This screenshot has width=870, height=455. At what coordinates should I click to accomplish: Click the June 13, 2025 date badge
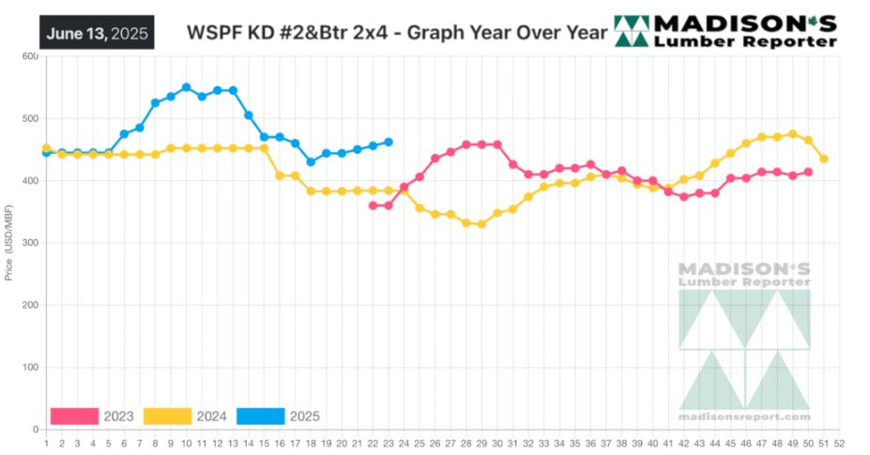coord(97,32)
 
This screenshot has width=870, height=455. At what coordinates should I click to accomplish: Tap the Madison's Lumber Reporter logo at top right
coord(726,30)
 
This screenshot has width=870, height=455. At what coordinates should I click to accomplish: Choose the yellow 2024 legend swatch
coord(169,416)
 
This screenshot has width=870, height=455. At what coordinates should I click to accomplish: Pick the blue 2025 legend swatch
coord(262,416)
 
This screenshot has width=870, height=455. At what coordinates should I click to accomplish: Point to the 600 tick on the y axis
coord(29,57)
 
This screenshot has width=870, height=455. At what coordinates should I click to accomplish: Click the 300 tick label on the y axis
coord(29,243)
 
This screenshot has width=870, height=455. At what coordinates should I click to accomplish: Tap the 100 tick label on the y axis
coord(29,368)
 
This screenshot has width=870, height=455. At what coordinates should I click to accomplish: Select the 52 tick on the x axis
coord(839,443)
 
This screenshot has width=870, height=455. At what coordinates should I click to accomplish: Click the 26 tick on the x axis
coord(435,443)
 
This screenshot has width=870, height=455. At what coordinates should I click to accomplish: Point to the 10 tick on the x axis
coord(186,443)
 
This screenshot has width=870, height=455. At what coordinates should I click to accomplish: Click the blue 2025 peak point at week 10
coord(186,87)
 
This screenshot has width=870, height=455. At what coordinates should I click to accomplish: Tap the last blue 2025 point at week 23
coord(389,143)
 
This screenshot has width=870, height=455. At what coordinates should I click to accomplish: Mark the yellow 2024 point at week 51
coord(824,159)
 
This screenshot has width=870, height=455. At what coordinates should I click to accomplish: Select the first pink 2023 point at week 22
coord(373,205)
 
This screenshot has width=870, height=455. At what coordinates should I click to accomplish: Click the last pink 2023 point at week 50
coord(808,173)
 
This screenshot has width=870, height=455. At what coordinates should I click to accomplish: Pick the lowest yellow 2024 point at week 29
coord(481,225)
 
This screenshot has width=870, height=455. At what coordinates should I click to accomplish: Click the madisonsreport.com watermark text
coord(744,417)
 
